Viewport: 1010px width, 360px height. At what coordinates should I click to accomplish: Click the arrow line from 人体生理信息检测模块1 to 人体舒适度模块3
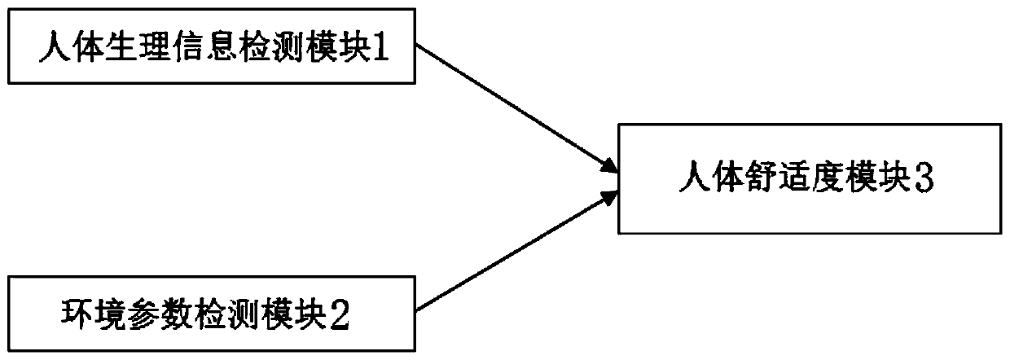click(516, 108)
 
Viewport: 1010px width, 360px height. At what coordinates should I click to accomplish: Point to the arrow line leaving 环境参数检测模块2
click(516, 251)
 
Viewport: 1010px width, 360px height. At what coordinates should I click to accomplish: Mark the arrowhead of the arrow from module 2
click(608, 197)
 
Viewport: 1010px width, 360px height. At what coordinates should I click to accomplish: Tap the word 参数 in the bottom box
click(160, 315)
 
